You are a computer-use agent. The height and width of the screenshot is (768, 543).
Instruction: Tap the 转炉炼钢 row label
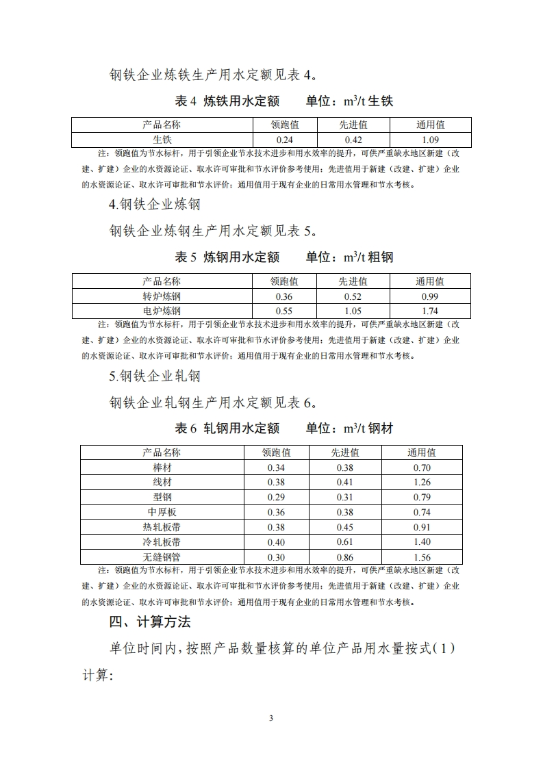point(162,296)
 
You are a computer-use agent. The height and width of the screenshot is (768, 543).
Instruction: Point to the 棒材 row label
point(162,468)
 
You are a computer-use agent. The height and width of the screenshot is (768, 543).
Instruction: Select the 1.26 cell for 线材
point(422,483)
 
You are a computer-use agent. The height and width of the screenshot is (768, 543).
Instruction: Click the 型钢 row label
point(162,498)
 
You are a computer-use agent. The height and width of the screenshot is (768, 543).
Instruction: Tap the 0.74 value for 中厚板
point(422,513)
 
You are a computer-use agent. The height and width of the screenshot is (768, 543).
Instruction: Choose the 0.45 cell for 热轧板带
point(345,527)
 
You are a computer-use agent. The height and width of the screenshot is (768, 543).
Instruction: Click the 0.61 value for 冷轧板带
point(345,542)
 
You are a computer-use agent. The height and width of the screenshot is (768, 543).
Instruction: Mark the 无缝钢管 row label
point(162,557)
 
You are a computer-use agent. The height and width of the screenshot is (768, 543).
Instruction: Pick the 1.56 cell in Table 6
point(422,557)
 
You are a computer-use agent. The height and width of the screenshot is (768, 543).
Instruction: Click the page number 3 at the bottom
point(271,718)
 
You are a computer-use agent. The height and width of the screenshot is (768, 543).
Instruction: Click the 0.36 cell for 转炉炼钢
point(283,296)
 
